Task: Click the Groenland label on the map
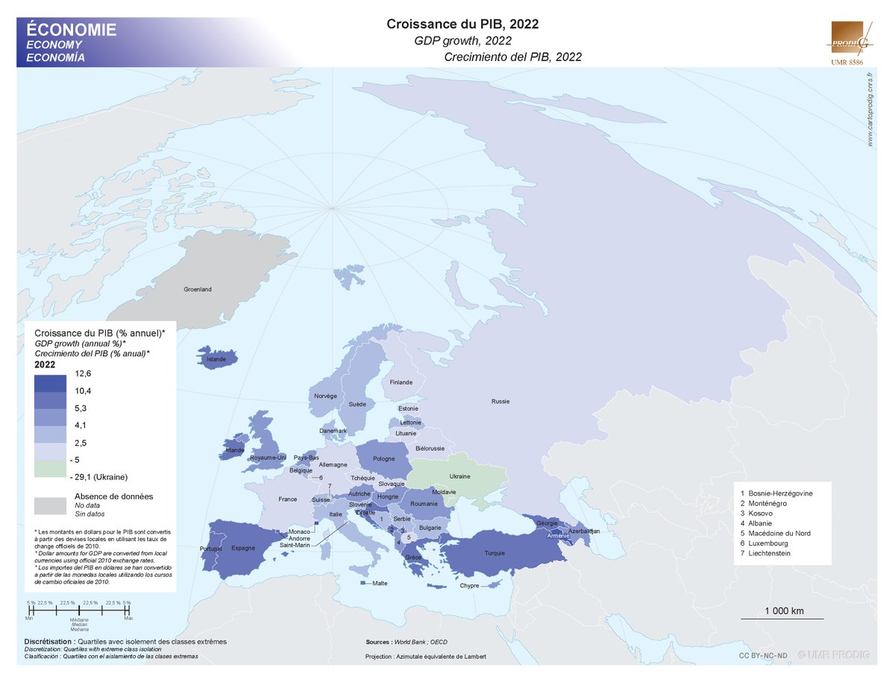[198, 288]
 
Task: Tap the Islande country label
[216, 359]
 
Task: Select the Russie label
[500, 401]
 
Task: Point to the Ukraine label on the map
[459, 476]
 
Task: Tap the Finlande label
[401, 382]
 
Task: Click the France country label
[287, 499]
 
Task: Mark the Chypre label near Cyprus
[469, 586]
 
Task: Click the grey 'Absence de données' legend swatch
[50, 505]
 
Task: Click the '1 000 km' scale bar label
[784, 611]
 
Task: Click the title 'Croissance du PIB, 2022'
[462, 24]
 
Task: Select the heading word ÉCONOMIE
[71, 30]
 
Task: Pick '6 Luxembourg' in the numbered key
[768, 543]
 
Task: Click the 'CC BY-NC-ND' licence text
[762, 655]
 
